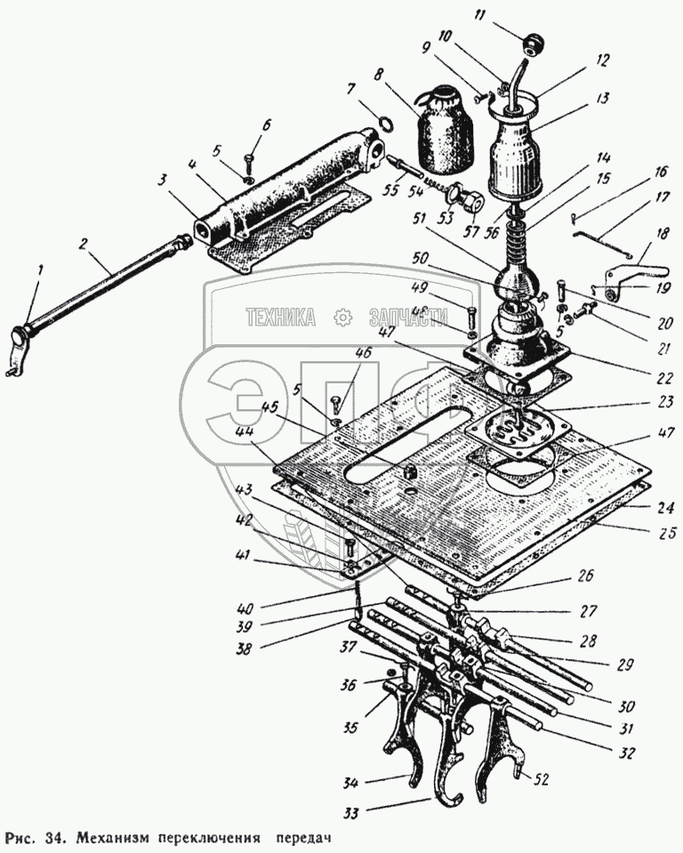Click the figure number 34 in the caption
57,837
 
